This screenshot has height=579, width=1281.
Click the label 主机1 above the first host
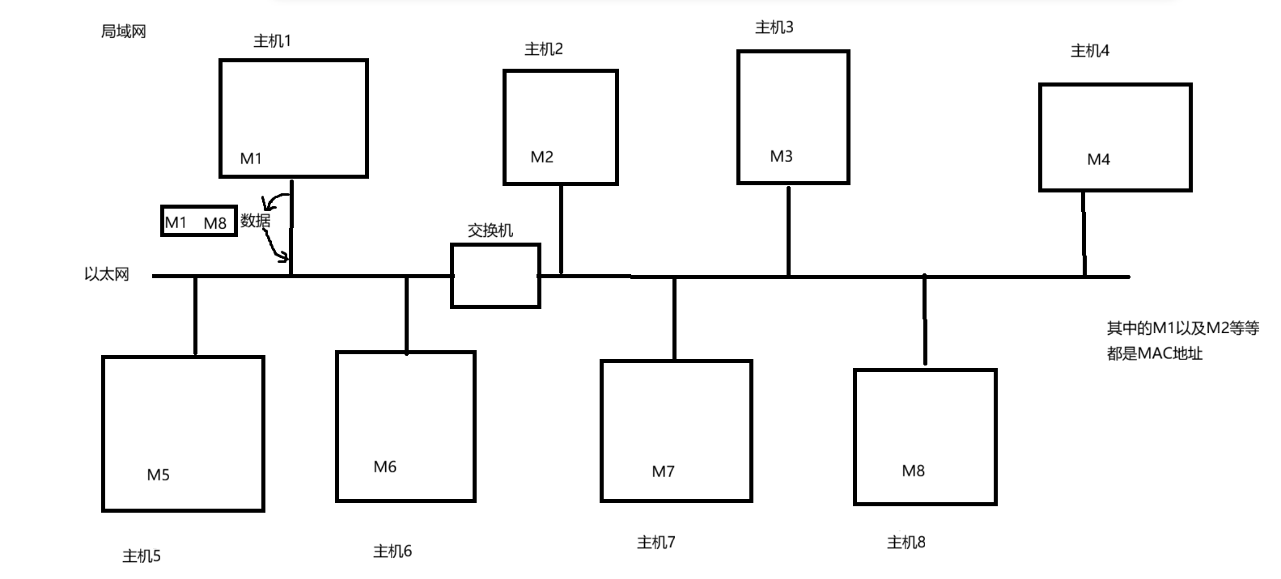coord(272,41)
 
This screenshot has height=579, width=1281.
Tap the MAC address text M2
coord(542,157)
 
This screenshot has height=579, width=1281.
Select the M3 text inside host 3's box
coord(781,156)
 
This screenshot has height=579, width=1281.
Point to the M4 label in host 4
coord(1098,159)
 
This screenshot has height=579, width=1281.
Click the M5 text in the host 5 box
coord(159,475)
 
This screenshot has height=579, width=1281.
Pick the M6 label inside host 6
coord(385,467)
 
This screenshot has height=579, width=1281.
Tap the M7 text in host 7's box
coord(663,471)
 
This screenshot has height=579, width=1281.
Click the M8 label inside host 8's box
coord(913,471)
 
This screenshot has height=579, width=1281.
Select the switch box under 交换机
coord(495,276)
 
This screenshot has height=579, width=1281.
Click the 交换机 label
coord(490,230)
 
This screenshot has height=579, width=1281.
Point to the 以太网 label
coord(107,274)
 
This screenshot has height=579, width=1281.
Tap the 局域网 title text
coord(123,32)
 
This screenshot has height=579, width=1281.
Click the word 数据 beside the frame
coord(255,220)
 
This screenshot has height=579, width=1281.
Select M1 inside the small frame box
coord(176,222)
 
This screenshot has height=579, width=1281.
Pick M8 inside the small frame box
coord(215,222)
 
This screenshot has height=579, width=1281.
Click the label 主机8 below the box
coord(906,543)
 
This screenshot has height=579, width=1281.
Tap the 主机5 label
coord(142,556)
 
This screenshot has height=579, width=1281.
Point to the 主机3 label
coord(774,27)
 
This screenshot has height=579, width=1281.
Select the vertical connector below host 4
coord(1084,234)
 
